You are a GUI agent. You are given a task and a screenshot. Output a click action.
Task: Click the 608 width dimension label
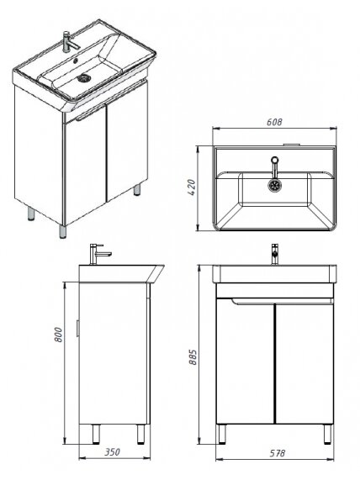(274, 122)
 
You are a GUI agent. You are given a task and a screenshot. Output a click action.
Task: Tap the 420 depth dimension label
(191, 187)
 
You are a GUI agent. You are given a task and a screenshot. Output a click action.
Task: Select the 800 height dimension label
(58, 335)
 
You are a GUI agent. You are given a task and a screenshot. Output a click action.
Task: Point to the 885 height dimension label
(193, 356)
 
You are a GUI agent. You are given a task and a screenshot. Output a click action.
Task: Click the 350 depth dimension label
(113, 451)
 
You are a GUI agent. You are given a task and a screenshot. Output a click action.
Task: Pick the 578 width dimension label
(278, 453)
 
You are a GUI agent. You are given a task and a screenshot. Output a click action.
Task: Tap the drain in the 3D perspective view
(83, 78)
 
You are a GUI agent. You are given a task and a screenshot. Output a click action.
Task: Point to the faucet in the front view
(275, 254)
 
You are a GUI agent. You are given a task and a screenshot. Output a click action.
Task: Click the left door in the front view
(245, 363)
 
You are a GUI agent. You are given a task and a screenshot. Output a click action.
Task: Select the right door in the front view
(304, 363)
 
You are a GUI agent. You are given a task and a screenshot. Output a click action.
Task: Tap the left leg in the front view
(222, 434)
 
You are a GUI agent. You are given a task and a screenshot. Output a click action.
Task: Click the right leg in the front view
(327, 434)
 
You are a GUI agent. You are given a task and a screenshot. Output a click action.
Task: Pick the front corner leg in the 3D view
(62, 231)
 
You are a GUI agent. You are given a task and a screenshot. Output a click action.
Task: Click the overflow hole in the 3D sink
(76, 61)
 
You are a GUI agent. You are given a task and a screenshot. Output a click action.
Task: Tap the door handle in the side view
(78, 329)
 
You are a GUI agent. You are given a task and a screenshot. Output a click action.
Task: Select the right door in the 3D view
(126, 140)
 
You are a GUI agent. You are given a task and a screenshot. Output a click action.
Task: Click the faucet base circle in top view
(275, 160)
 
